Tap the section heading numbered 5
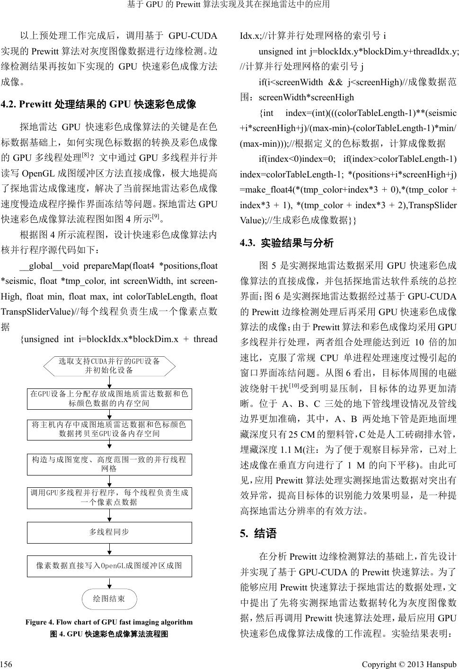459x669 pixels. click(258, 534)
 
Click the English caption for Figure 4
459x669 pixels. click(109, 622)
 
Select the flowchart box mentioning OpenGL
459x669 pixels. click(109, 565)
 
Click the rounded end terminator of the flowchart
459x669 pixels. click(109, 599)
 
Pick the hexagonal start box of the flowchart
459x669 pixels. click(109, 365)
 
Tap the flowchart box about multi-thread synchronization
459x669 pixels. click(109, 532)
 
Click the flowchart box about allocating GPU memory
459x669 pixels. click(109, 398)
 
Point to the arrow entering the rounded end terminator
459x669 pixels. click(109, 583)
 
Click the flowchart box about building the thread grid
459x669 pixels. click(109, 464)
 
